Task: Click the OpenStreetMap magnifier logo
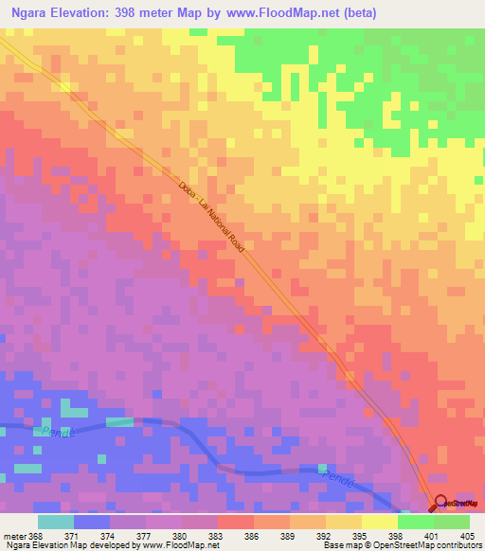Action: pos(441,504)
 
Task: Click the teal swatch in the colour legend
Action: pos(56,522)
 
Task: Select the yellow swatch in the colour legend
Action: pos(379,522)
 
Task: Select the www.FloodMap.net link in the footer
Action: pos(174,545)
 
